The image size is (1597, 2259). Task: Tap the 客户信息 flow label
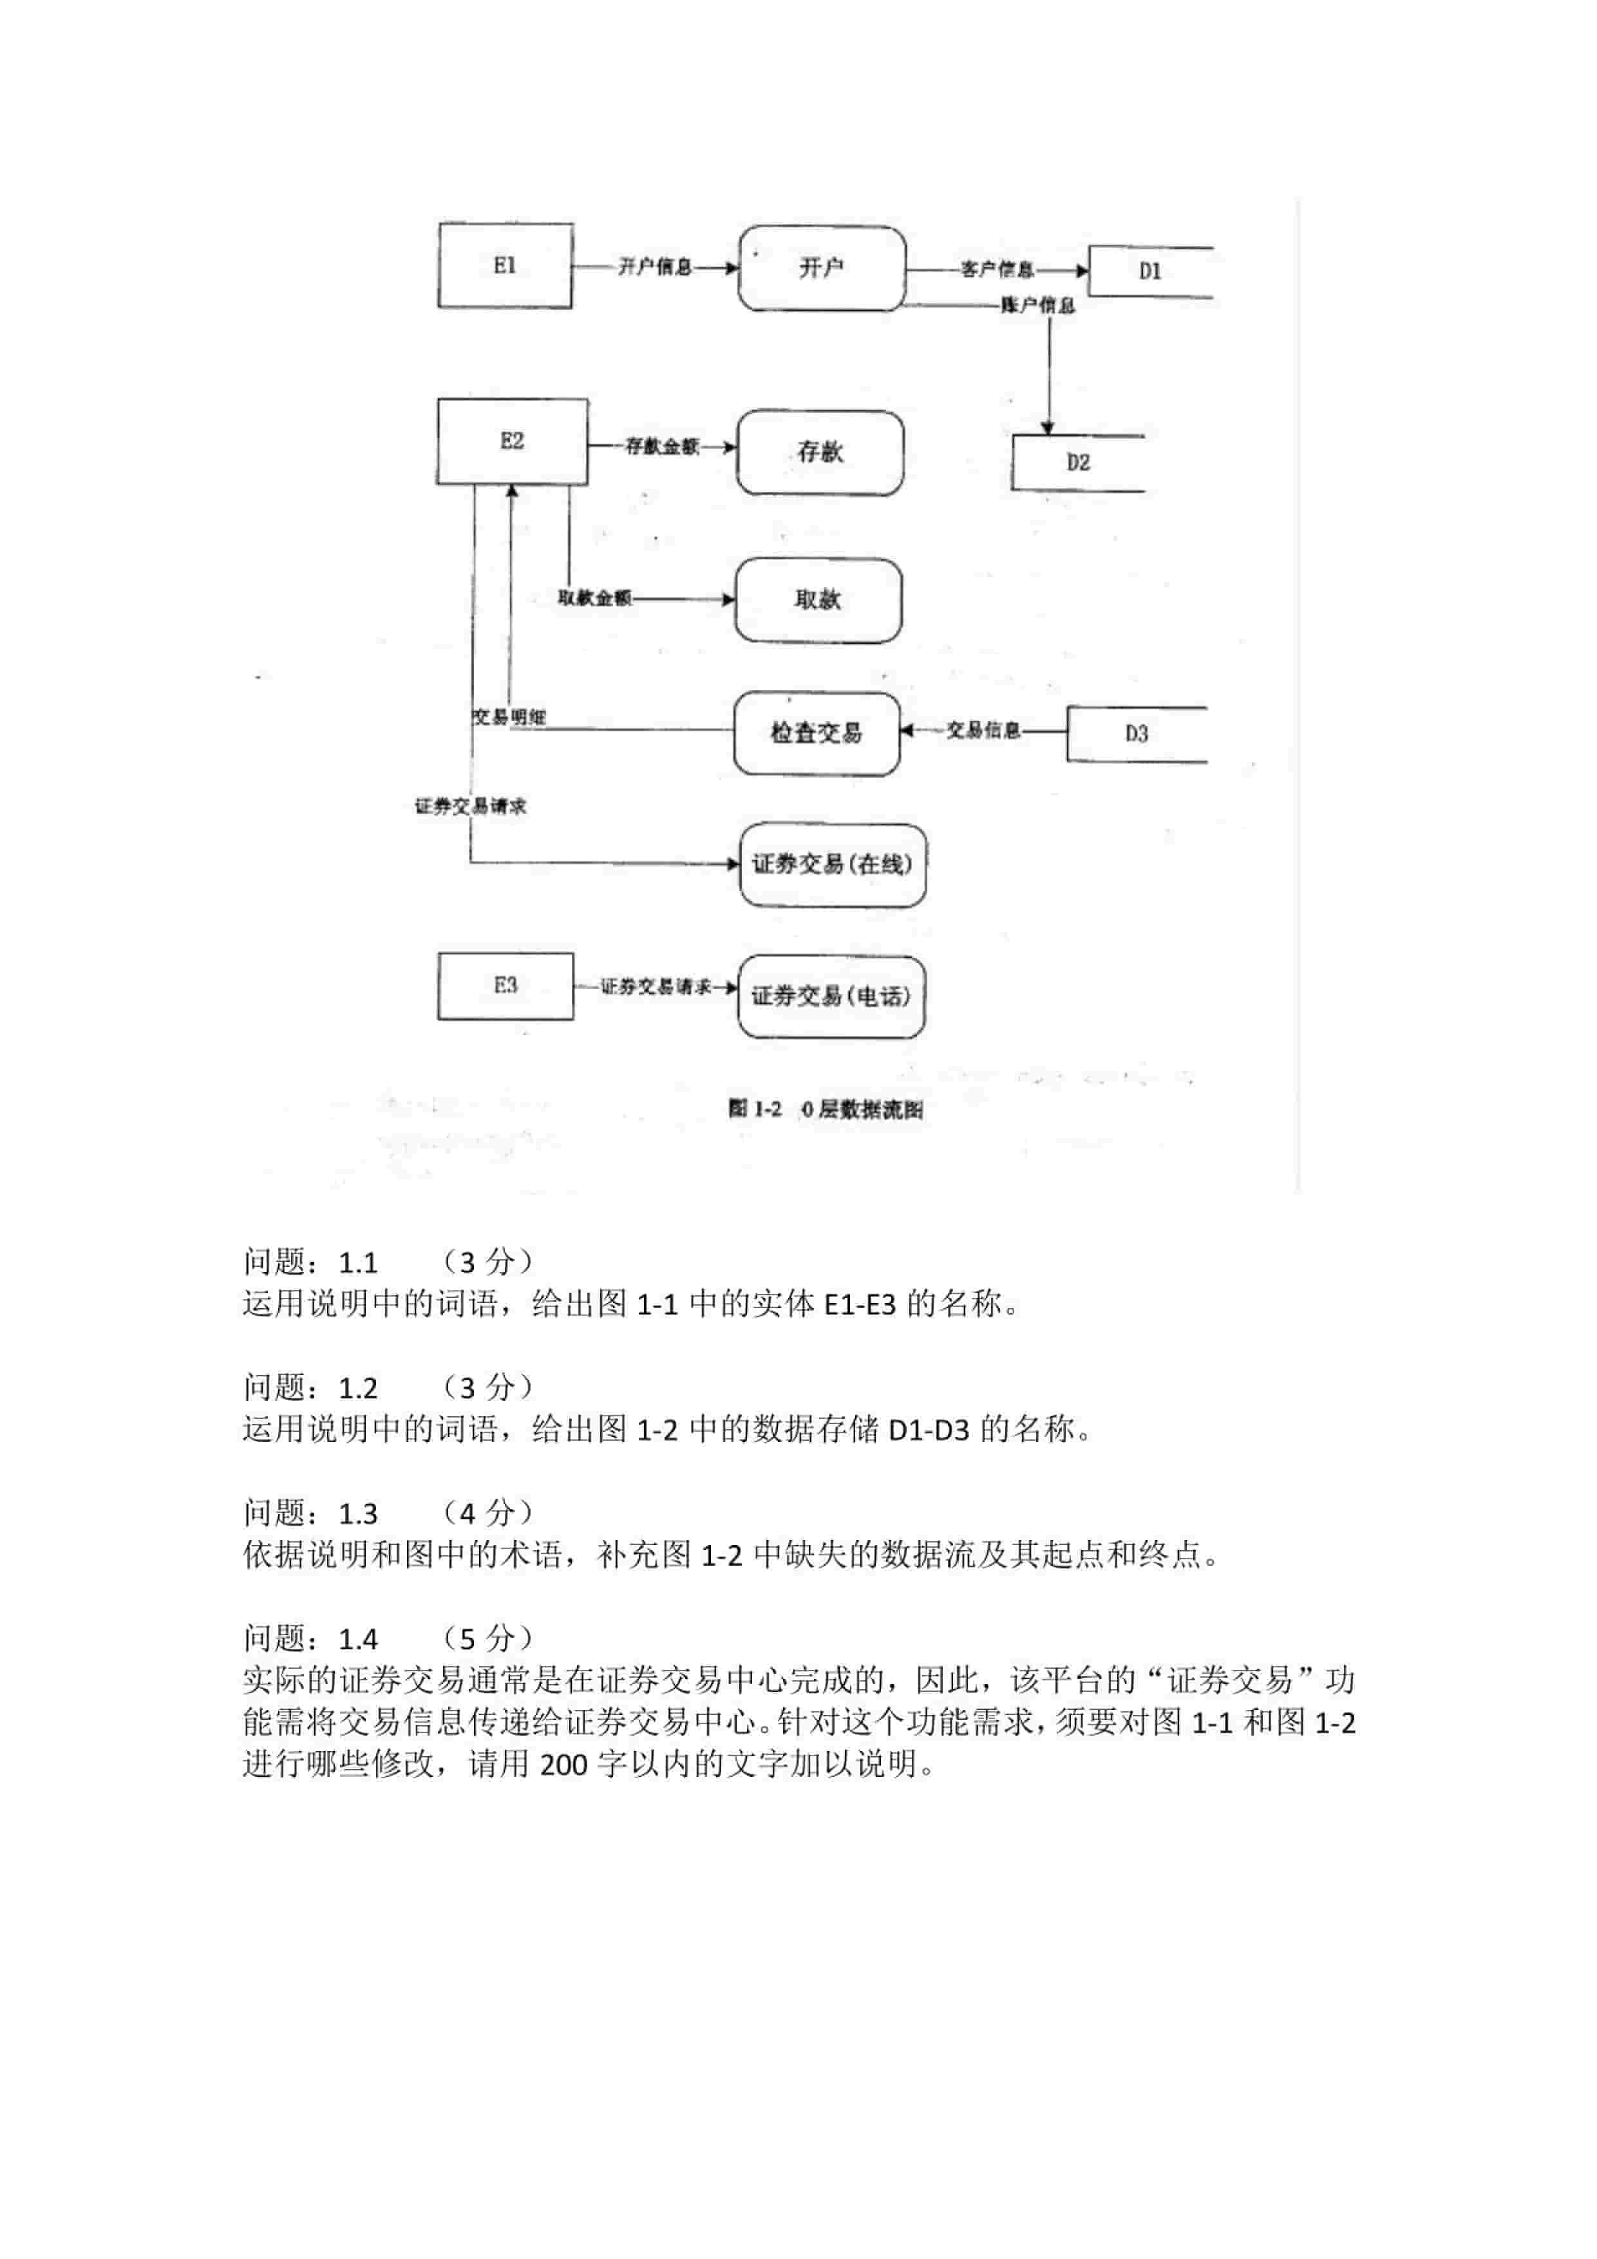point(997,270)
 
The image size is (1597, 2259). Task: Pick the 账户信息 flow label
point(1038,305)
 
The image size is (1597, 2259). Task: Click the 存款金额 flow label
point(662,447)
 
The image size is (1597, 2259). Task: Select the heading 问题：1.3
point(311,1514)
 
